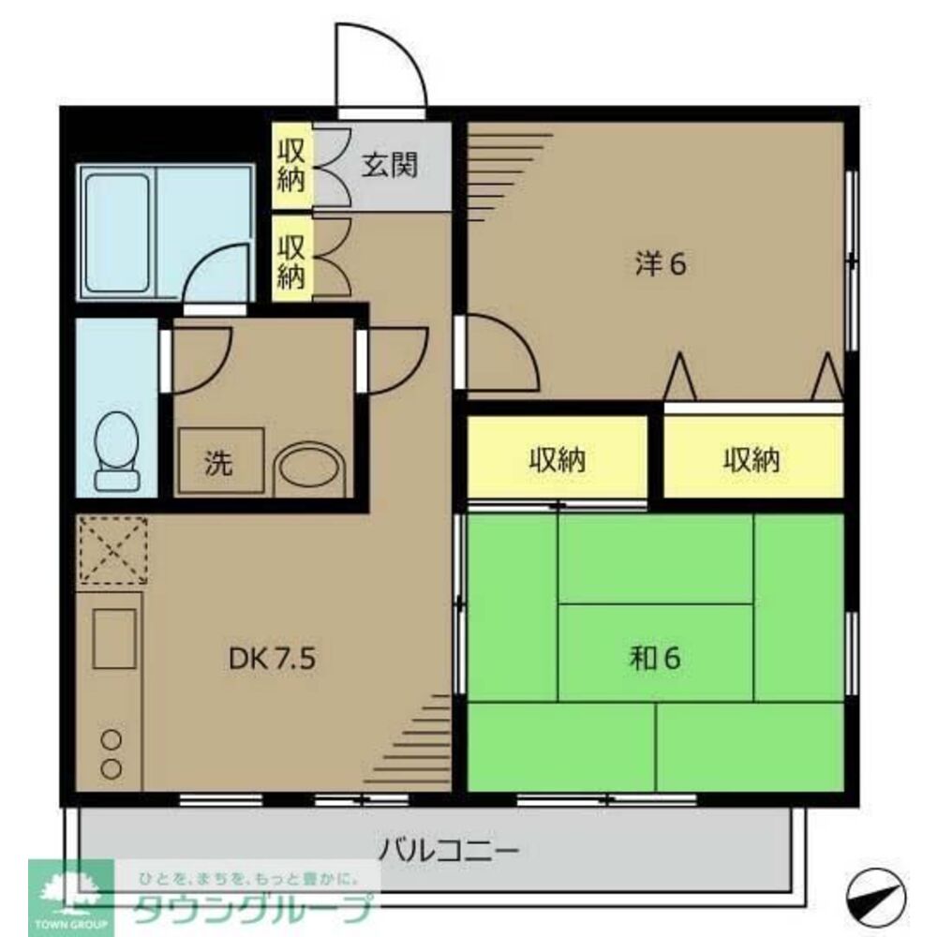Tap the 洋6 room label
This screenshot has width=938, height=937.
click(662, 265)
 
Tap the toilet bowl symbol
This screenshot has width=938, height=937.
click(118, 450)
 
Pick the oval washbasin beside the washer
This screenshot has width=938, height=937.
click(310, 466)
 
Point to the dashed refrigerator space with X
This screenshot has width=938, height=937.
click(111, 550)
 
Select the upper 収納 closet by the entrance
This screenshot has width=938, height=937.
click(291, 166)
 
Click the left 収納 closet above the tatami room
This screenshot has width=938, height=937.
click(558, 458)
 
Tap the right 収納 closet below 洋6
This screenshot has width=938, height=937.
click(752, 458)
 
